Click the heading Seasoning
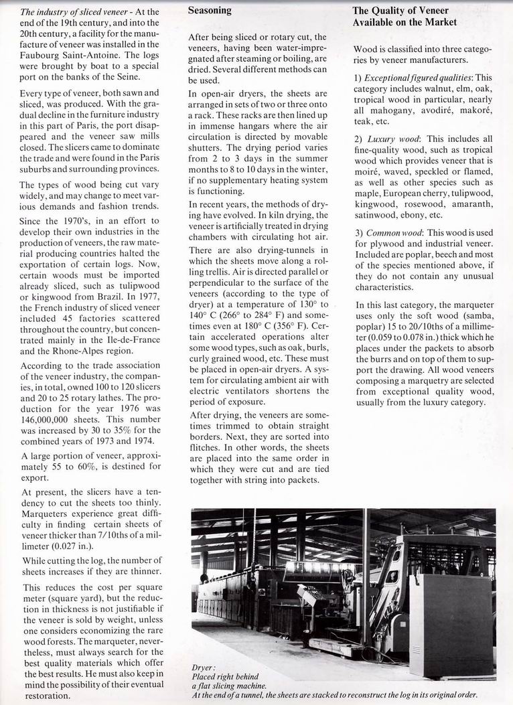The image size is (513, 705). (x=210, y=11)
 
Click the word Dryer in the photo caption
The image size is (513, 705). (x=204, y=668)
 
